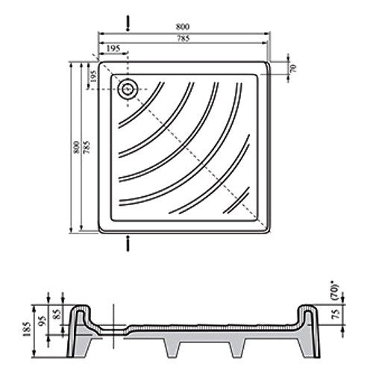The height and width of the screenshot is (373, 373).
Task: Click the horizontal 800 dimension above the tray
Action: pos(183,26)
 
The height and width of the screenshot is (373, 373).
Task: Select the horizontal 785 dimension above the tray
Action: pos(184,39)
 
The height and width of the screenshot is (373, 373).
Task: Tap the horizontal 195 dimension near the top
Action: pos(113,48)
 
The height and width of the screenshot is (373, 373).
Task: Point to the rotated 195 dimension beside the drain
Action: pos(93,76)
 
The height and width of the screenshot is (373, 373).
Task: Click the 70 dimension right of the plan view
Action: pos(293,68)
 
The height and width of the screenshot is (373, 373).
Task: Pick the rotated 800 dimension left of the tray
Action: pos(77,147)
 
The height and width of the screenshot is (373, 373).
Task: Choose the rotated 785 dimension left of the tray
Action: pos(87,147)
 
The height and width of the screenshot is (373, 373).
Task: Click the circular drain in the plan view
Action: pos(128,89)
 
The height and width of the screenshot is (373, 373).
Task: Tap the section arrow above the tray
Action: pos(128,24)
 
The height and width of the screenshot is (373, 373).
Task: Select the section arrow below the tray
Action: pos(128,243)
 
